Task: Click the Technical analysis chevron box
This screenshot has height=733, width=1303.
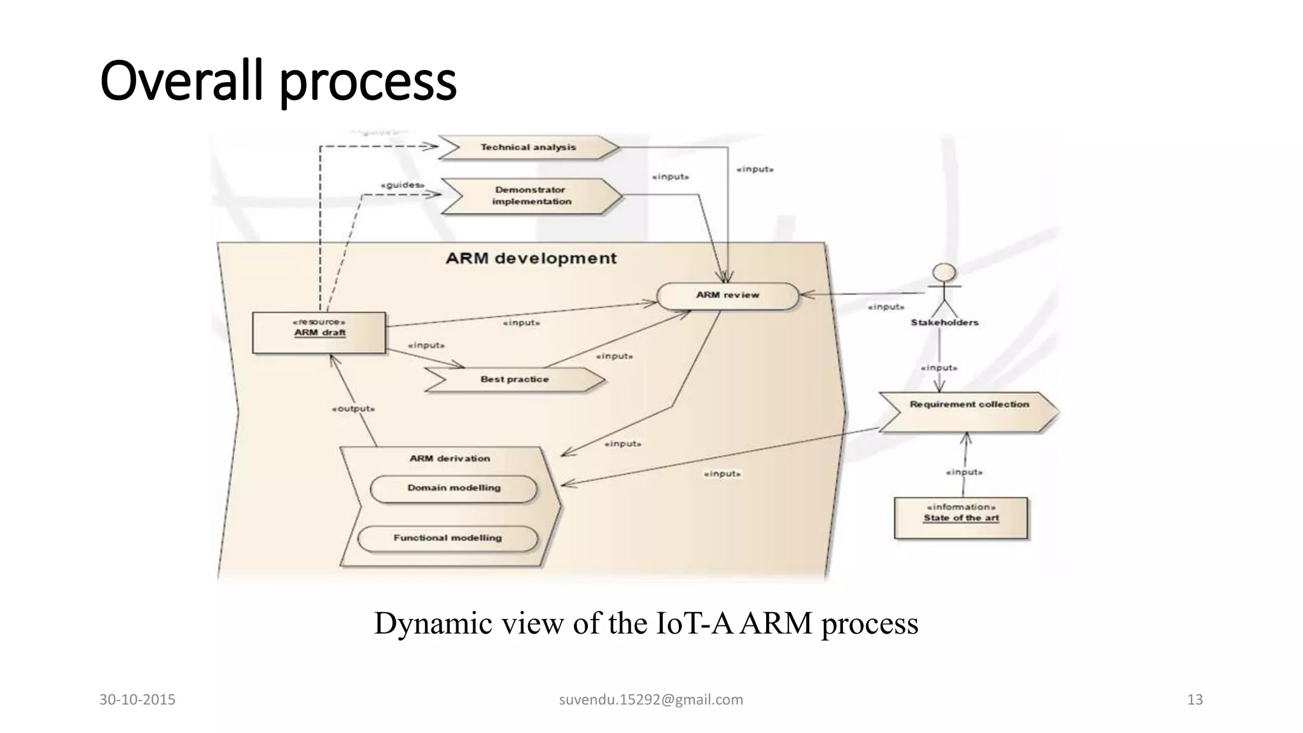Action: point(528,147)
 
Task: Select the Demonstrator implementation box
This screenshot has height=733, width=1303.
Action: point(531,195)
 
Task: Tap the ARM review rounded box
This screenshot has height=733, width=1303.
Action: point(727,295)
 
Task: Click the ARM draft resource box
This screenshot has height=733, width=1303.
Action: point(319,332)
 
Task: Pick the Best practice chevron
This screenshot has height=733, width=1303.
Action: point(515,379)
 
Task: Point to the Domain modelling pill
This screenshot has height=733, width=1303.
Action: point(454,488)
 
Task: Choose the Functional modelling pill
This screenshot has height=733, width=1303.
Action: point(447,538)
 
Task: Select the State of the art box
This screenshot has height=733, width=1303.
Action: point(961,517)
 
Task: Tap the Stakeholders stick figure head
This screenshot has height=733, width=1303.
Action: point(944,273)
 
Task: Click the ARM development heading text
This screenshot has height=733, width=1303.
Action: point(531,258)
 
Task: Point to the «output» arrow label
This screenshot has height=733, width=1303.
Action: point(353,408)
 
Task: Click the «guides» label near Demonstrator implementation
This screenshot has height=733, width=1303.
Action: point(402,185)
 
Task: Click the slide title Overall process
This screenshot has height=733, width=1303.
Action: point(279,81)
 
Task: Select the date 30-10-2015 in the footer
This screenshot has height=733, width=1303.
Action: point(137,700)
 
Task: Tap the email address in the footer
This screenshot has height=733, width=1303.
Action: point(651,700)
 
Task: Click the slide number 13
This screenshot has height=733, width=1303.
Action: point(1195,700)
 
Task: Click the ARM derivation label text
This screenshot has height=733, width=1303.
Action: point(450,458)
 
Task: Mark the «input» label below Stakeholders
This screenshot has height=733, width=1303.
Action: point(939,368)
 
